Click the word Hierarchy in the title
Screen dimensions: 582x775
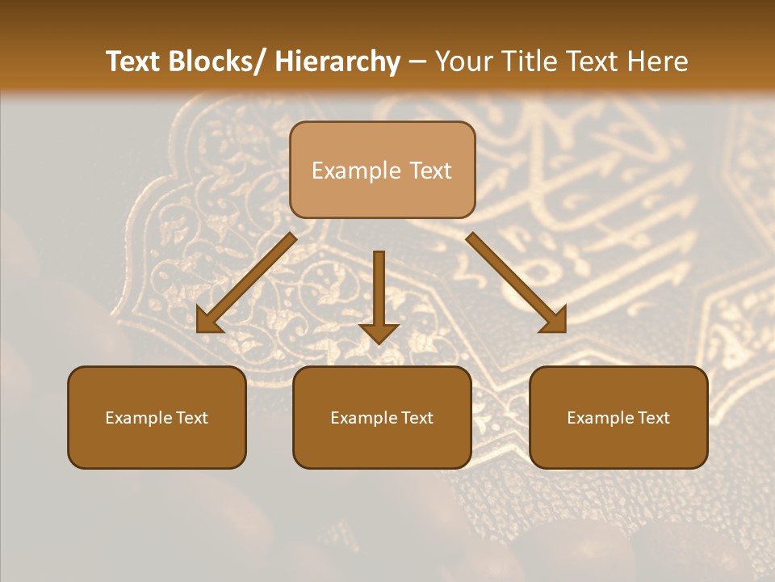(337, 62)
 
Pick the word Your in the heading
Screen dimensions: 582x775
(463, 62)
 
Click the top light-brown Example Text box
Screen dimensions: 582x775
(382, 171)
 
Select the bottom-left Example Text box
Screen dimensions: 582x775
(157, 418)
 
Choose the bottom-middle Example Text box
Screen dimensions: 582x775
(382, 418)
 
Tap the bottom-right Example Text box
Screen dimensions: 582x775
(618, 418)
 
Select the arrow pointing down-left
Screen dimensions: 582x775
(245, 284)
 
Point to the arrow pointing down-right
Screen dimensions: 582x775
(517, 284)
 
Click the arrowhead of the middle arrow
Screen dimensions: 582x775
(379, 331)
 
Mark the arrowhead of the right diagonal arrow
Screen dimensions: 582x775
(553, 319)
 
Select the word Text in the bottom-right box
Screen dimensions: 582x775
(653, 418)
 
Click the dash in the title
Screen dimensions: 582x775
(417, 62)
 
